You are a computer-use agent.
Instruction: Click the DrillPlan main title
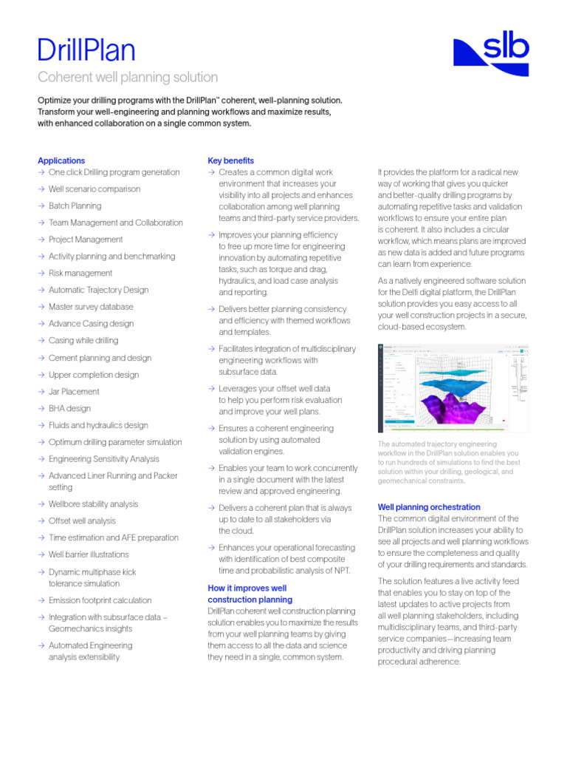[86, 50]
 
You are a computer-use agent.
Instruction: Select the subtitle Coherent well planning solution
[128, 77]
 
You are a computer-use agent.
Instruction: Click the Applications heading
[61, 160]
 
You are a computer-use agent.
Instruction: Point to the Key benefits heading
[231, 160]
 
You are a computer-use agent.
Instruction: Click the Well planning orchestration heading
[429, 507]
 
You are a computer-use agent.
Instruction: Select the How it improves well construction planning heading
[250, 594]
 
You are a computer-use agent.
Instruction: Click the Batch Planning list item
[75, 206]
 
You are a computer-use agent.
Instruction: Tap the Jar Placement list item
[73, 391]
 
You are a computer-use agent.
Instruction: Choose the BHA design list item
[69, 408]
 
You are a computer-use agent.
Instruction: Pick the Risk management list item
[80, 273]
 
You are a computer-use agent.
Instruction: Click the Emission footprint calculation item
[100, 600]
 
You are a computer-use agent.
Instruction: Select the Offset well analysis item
[82, 520]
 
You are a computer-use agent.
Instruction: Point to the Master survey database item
[91, 307]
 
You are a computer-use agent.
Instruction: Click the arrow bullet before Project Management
[41, 240]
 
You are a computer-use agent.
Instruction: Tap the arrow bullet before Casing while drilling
[41, 341]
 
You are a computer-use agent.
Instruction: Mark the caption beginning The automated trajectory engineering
[448, 462]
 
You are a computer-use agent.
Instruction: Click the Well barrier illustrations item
[89, 554]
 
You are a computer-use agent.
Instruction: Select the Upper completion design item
[93, 375]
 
